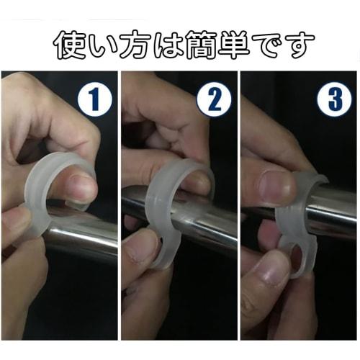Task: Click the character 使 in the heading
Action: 71,45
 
